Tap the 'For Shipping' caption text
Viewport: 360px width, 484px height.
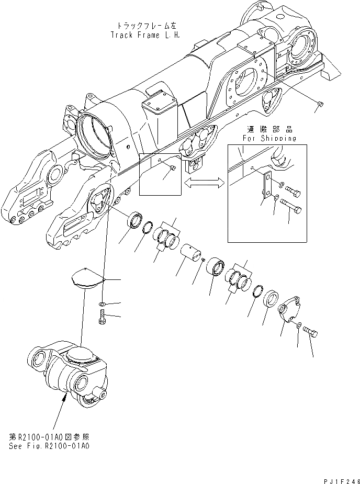[x=269, y=139]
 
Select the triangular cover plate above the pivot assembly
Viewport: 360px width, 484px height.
[x=87, y=278]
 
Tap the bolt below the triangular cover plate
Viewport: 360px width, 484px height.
[x=102, y=317]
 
